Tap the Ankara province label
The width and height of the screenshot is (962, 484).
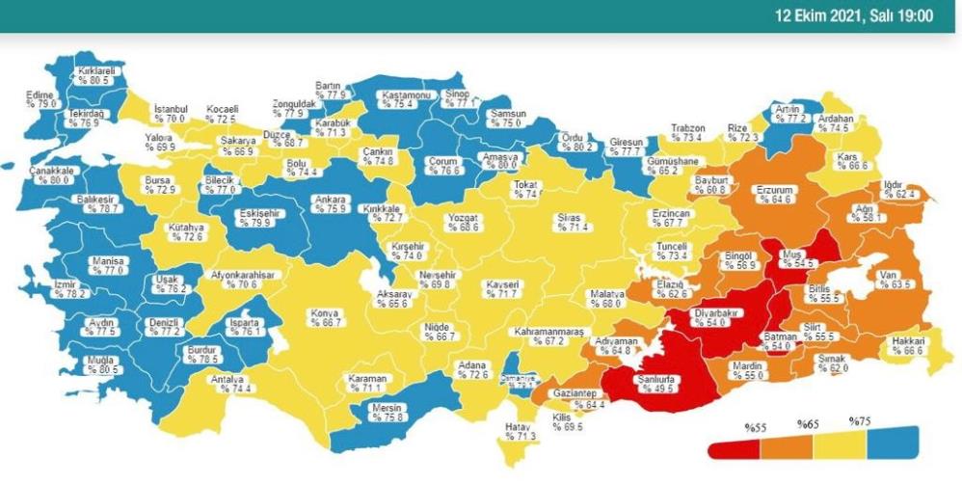pyautogui.click(x=331, y=201)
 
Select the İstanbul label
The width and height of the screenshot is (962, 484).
pyautogui.click(x=171, y=109)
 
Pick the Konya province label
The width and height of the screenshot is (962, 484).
pyautogui.click(x=324, y=312)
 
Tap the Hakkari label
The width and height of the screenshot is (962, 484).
pyautogui.click(x=908, y=341)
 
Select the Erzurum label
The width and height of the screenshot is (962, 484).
pyautogui.click(x=774, y=189)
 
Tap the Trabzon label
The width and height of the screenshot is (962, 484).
pyautogui.click(x=688, y=128)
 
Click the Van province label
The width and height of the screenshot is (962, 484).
pyautogui.click(x=888, y=274)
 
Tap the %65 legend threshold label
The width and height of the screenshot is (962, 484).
pyautogui.click(x=807, y=424)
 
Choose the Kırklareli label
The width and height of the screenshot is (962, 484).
pyautogui.click(x=97, y=71)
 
